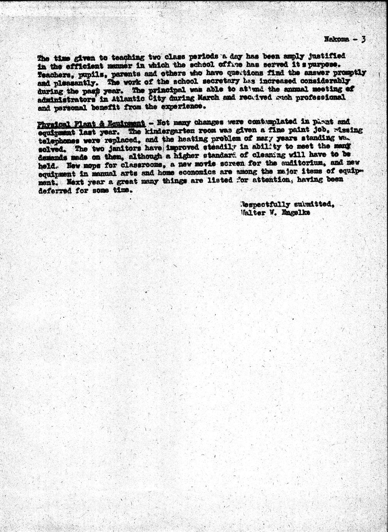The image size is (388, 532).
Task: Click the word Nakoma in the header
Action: [x=337, y=39]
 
